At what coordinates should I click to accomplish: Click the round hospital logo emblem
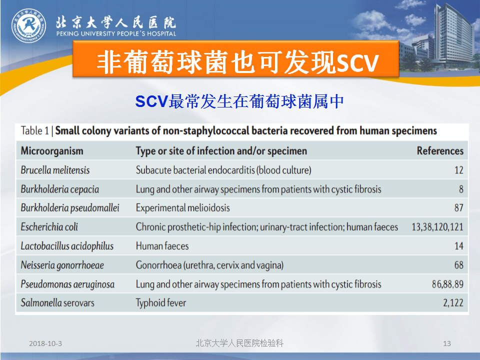click(29, 25)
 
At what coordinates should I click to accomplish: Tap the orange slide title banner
click(235, 59)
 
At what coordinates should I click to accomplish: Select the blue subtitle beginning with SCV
click(239, 101)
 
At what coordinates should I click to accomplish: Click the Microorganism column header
click(52, 151)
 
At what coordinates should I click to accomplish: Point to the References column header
click(440, 151)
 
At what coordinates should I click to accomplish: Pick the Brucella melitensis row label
click(55, 170)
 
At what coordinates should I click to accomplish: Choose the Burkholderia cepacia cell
click(59, 189)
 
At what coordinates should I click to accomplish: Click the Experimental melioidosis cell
click(183, 208)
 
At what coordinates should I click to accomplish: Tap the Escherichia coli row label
click(49, 227)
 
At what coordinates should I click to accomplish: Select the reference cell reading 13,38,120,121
click(437, 227)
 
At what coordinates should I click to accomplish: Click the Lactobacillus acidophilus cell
click(67, 246)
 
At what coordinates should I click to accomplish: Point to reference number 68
click(458, 265)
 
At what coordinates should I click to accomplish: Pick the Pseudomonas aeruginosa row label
click(67, 284)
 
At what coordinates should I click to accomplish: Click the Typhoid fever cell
click(161, 303)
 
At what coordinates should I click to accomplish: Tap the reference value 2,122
click(453, 303)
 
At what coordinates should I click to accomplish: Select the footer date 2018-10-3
click(45, 343)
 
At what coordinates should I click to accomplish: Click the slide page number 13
click(447, 343)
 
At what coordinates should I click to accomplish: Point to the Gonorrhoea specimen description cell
click(209, 265)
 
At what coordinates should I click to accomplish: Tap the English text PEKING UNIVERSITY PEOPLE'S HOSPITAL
click(116, 33)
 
